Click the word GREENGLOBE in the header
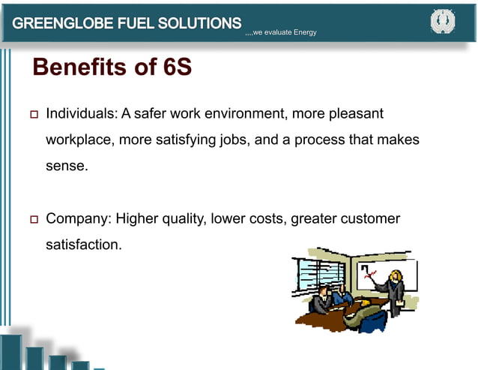61,23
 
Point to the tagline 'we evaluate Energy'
284,32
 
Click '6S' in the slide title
176,68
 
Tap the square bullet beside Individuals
31,116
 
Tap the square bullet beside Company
31,220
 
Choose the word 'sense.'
67,165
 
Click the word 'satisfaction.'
83,244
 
